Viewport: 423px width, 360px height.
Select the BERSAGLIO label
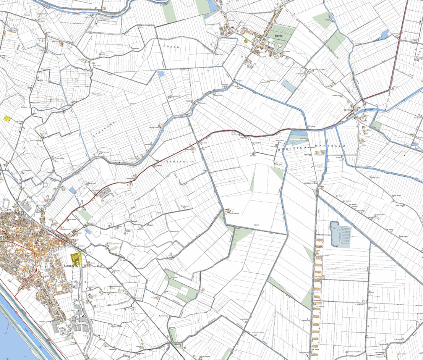tap(181, 162)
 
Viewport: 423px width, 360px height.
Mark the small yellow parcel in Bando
tap(246, 41)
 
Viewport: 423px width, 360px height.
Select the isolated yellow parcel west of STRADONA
tap(6, 118)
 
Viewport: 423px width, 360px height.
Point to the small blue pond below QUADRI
tap(161, 74)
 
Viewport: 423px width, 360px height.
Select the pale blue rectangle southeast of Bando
tap(289, 86)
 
